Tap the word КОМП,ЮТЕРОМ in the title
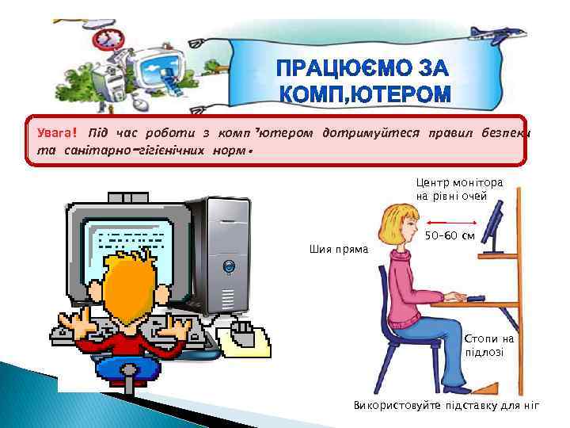point(366,96)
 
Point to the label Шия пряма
point(338,250)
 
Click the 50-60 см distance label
point(450,235)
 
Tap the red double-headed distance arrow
point(449,223)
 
